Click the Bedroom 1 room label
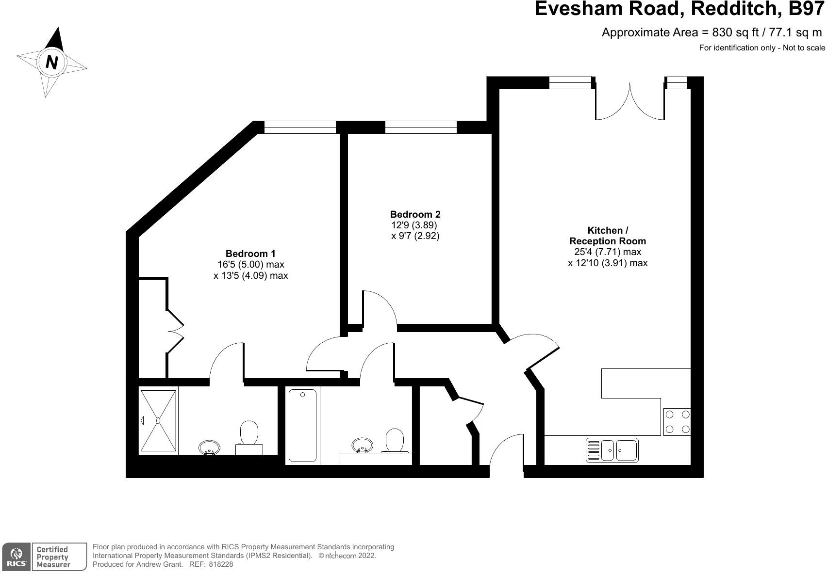250,254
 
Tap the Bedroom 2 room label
415,214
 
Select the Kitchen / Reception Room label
607,236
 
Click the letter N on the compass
51,62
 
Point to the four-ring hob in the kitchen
677,422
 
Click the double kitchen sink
612,450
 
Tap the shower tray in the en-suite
158,420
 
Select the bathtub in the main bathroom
302,425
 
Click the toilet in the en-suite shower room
249,436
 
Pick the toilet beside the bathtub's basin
394,440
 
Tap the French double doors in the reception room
629,102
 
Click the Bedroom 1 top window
300,127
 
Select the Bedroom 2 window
421,127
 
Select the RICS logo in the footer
16,557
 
